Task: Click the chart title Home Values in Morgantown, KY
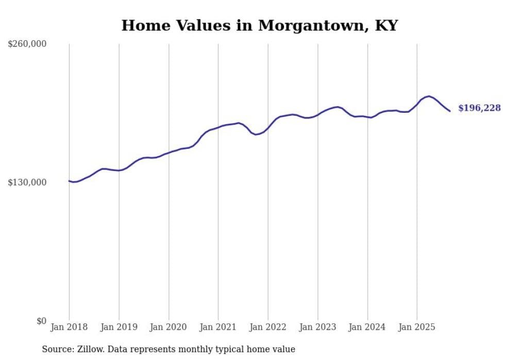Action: pos(259,25)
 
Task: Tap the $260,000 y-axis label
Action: pos(27,44)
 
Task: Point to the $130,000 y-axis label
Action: pos(27,182)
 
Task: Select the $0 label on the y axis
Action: pos(41,321)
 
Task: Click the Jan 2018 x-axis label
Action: pos(69,327)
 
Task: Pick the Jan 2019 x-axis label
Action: pos(119,327)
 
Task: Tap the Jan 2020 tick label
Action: pos(169,327)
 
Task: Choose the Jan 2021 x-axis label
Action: pos(218,327)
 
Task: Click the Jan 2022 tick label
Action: pos(268,327)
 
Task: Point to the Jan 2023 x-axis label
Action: pos(317,327)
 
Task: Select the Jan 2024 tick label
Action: pos(367,327)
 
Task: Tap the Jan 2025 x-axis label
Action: pos(417,327)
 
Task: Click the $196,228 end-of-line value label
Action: pos(479,108)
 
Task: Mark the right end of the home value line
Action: pos(450,111)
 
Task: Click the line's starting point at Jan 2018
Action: pos(69,181)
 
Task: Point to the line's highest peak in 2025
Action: pos(429,96)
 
